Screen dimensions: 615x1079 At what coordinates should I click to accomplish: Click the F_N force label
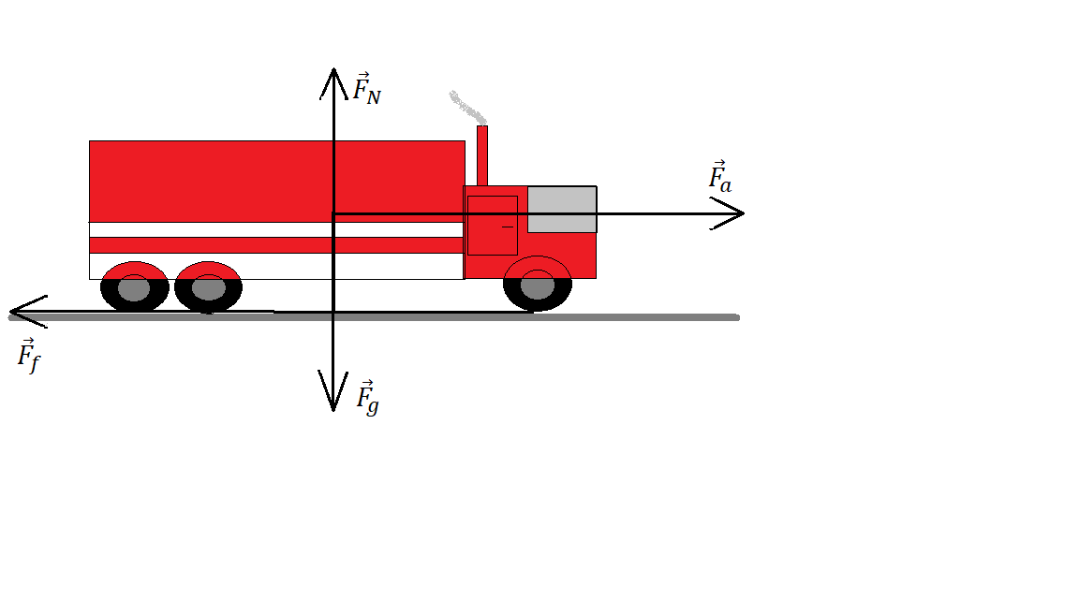(x=365, y=89)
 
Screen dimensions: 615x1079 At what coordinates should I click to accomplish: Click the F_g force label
(x=367, y=398)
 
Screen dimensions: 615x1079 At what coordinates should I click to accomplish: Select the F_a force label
(x=719, y=178)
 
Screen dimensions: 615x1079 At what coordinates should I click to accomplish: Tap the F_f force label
(x=29, y=356)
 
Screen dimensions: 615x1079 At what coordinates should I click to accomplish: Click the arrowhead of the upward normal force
(x=333, y=73)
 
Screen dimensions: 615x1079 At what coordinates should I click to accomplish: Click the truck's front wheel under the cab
(x=538, y=286)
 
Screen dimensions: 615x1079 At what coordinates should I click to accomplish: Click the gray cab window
(x=562, y=209)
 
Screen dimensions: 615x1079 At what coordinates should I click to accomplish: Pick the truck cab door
(x=492, y=226)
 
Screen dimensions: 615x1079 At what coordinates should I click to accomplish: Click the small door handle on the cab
(x=508, y=227)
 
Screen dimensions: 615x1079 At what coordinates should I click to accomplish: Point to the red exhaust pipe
(x=482, y=155)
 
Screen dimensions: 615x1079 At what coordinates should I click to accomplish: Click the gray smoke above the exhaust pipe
(x=466, y=107)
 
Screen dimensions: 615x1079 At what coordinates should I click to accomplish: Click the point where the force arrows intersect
(x=333, y=214)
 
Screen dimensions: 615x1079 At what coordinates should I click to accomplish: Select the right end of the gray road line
(x=736, y=317)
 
